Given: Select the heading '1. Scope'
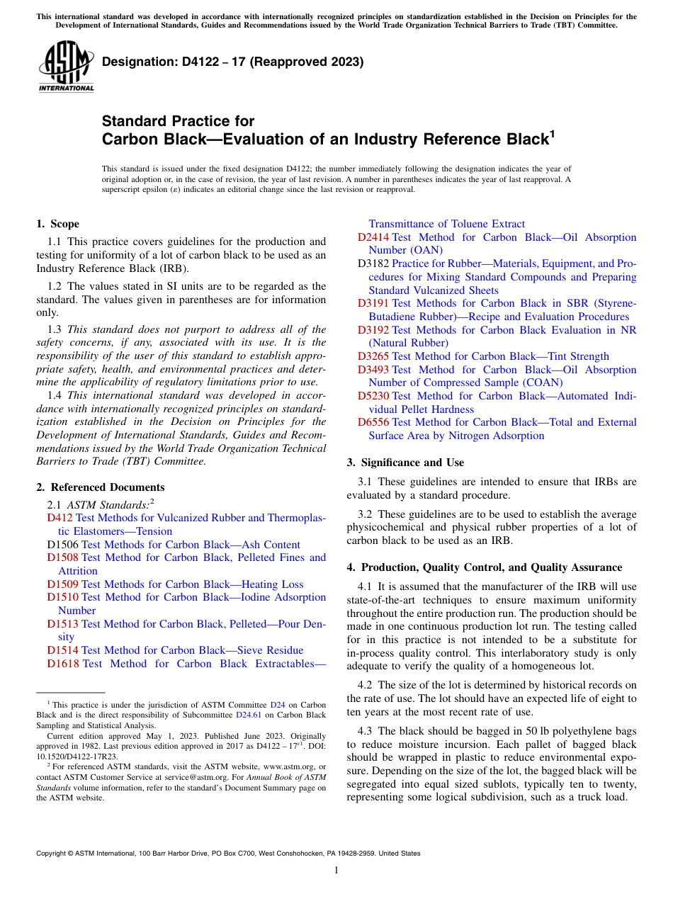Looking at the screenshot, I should click(x=58, y=224).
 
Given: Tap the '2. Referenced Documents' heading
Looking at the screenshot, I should click(x=101, y=487).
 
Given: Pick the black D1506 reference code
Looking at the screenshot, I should click(x=62, y=545).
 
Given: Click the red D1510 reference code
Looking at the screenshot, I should click(x=62, y=597).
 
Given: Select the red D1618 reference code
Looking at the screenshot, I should click(x=62, y=664).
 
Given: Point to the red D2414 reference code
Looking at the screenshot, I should click(x=373, y=237).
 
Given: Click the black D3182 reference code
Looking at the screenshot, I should click(x=373, y=263).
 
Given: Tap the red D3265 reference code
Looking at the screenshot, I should click(x=373, y=356).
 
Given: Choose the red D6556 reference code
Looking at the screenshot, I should click(x=373, y=422).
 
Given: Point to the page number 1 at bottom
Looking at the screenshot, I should click(x=336, y=870).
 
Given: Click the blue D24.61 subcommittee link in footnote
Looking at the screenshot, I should click(x=249, y=715).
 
